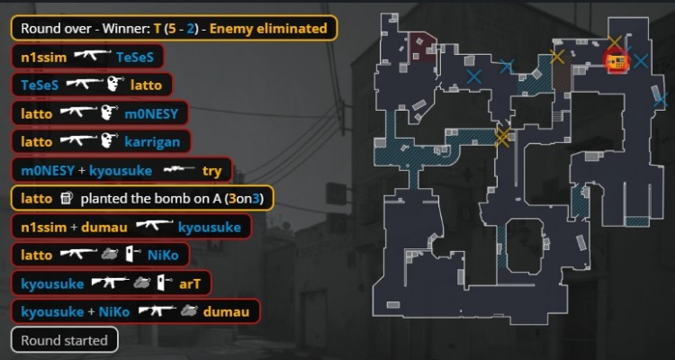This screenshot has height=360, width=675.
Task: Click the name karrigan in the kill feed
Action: click(152, 141)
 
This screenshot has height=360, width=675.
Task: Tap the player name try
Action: click(211, 171)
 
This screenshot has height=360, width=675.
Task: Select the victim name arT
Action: click(190, 283)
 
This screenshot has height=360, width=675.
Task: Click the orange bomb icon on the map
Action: click(616, 62)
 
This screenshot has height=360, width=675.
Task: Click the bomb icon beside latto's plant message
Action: click(67, 199)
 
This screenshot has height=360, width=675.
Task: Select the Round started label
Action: click(64, 340)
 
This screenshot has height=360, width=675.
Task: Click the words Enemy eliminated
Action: click(268, 29)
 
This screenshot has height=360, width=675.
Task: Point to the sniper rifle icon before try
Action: click(179, 170)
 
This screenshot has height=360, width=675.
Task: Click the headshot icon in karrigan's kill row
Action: click(110, 140)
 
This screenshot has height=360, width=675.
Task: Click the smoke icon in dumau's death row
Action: click(189, 310)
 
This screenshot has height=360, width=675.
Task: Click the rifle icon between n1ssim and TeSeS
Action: click(92, 55)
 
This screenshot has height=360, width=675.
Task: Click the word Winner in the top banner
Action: click(129, 29)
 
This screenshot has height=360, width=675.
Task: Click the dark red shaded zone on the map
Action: click(422, 47)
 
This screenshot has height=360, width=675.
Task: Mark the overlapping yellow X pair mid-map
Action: click(502, 137)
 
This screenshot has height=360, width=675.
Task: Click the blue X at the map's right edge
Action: click(661, 100)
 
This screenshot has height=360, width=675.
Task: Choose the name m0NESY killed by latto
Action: click(151, 113)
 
